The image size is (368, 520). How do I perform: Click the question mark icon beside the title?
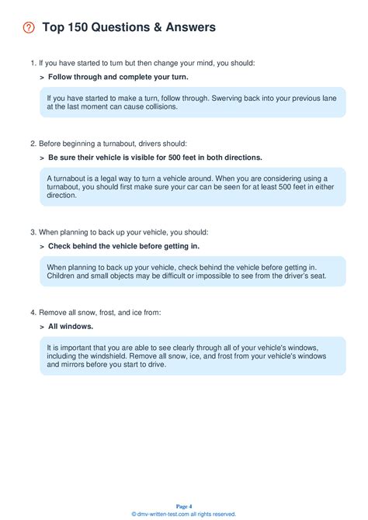click(29, 28)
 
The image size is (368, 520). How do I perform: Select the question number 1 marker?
click(33, 62)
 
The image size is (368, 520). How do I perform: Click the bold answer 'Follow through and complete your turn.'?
click(118, 77)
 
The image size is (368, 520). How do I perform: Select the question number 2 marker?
click(33, 144)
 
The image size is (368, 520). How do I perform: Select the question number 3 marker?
click(33, 232)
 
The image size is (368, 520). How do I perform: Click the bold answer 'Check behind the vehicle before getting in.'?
click(123, 246)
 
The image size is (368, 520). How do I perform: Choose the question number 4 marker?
click(33, 313)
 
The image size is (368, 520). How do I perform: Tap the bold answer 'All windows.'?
click(71, 327)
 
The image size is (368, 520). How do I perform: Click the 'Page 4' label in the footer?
click(184, 506)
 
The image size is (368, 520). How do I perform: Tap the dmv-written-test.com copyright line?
click(184, 514)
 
